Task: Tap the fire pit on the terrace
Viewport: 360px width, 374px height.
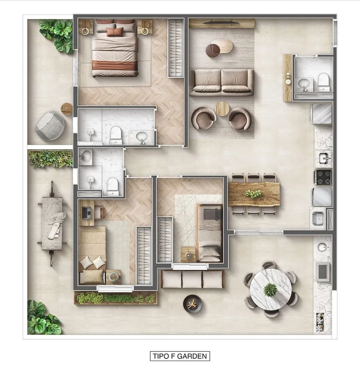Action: coord(192,304)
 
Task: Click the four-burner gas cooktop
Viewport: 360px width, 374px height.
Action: coord(323,177)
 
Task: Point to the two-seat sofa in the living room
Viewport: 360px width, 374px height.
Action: coord(221,82)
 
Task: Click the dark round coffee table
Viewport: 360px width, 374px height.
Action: coord(213,51)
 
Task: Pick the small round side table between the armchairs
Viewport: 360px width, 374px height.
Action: coord(222,109)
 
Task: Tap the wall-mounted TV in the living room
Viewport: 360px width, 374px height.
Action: coord(221,23)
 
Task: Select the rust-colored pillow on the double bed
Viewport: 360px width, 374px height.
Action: coord(115,32)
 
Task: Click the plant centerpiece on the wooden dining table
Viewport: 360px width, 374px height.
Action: coord(254,193)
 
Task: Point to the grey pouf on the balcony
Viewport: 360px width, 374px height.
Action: coord(50,126)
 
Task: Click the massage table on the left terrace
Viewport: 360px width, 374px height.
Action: coord(52,223)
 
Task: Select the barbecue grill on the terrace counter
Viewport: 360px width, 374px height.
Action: coord(322,271)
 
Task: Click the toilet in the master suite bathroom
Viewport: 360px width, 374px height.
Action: coord(116,135)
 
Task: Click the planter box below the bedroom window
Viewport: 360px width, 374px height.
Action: coord(116,298)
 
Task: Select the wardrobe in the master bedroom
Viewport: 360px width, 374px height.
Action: coord(176,48)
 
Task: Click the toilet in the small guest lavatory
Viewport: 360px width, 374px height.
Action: coord(323,82)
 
